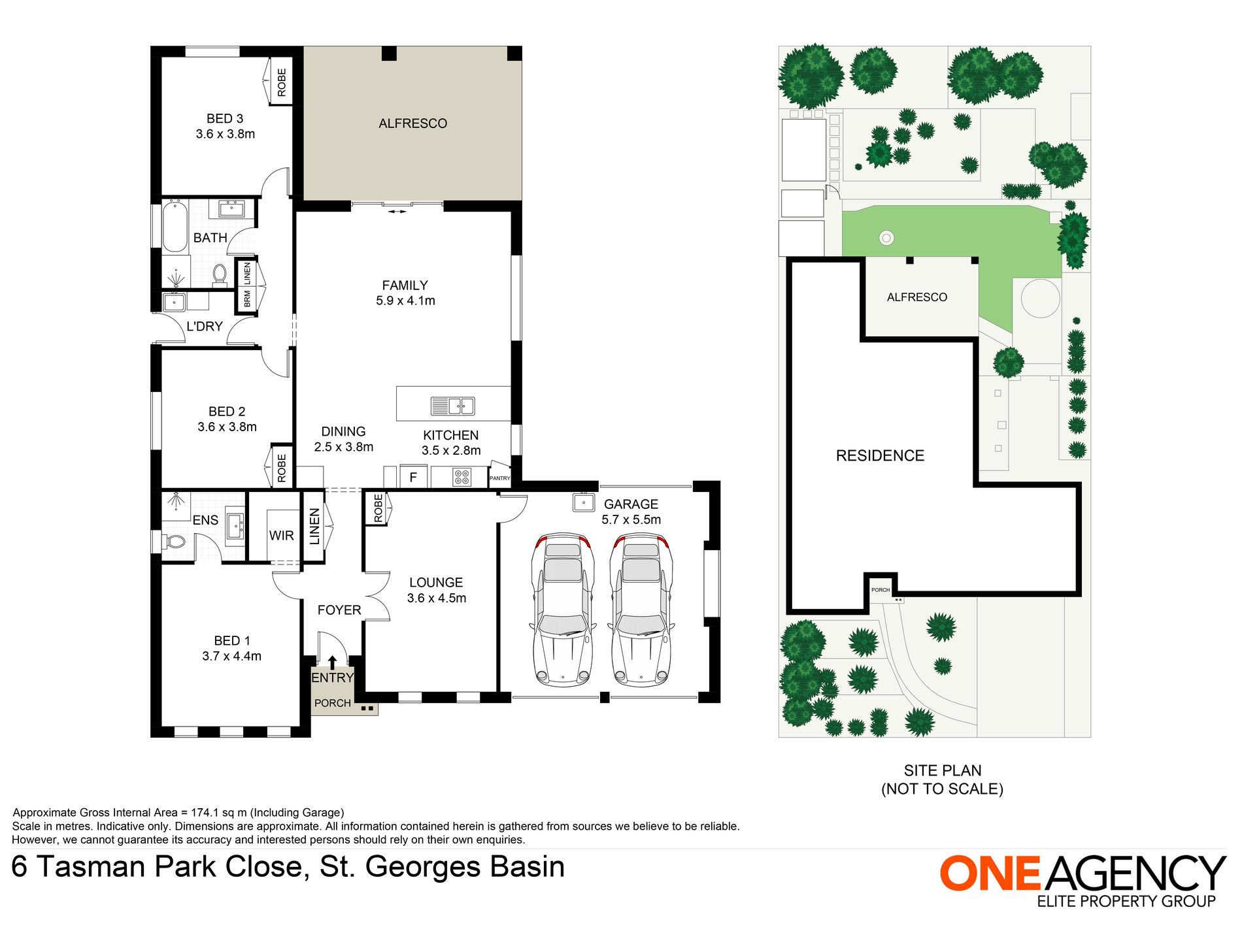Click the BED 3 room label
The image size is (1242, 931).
(x=225, y=119)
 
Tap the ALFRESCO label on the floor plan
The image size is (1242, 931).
(x=412, y=123)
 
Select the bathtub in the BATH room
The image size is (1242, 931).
(x=175, y=227)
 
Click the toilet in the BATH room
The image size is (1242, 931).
(x=219, y=274)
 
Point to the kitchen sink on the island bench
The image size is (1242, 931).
(x=452, y=406)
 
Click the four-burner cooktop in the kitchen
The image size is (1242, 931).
(x=462, y=478)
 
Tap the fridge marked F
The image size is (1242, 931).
(x=413, y=478)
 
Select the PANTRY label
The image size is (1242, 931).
(x=499, y=478)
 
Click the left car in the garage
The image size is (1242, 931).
(x=562, y=610)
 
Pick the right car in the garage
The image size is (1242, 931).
(x=641, y=610)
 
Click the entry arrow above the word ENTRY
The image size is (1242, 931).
(x=332, y=662)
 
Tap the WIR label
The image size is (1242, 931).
(x=281, y=536)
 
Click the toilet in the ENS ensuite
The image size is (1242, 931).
(x=175, y=542)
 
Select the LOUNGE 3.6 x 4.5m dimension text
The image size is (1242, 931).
(x=437, y=598)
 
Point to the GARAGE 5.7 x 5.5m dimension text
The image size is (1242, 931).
(x=631, y=520)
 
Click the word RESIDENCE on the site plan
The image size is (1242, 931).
(x=880, y=456)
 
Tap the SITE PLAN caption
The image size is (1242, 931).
(x=943, y=771)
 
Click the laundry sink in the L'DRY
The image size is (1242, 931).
(x=175, y=302)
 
